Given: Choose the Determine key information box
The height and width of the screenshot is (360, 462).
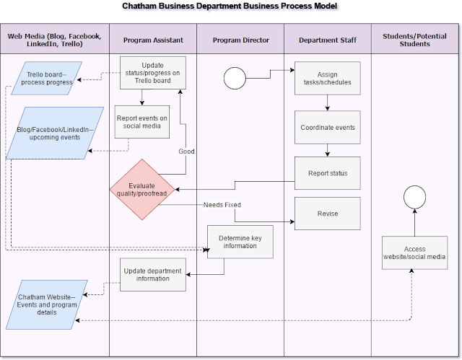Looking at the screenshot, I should point(240,242).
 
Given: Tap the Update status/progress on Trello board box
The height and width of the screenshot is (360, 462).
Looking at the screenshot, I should point(152,73).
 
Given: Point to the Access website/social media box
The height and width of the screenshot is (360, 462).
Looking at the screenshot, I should point(414,253).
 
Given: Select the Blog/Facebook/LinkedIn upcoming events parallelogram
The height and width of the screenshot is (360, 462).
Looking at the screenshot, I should point(51,133).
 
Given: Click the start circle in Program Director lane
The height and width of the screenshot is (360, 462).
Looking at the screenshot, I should point(235,78).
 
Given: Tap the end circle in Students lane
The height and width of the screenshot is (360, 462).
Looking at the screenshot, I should point(414,196).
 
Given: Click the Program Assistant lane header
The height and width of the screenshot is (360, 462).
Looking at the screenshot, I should point(152,40).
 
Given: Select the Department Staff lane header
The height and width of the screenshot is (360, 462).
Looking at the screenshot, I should point(327,40).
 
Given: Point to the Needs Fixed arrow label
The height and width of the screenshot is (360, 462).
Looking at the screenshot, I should point(222,205).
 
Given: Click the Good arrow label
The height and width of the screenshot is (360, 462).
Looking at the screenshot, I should point(187,152).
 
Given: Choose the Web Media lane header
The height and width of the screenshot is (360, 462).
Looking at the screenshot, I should point(55,40).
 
